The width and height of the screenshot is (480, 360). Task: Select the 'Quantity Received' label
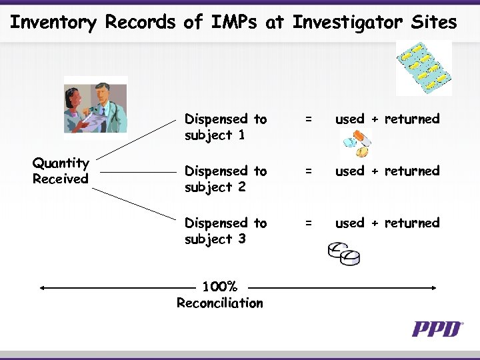point(61,171)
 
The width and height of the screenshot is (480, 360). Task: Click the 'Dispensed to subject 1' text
point(225,127)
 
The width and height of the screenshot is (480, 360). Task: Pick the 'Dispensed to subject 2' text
point(225,179)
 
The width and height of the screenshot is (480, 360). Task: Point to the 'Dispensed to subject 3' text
point(225,231)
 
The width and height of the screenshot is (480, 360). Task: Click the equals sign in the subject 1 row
point(308,119)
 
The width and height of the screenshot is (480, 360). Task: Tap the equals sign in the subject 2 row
point(308,171)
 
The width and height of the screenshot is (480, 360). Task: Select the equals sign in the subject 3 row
point(308,223)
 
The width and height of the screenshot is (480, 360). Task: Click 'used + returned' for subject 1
point(387,119)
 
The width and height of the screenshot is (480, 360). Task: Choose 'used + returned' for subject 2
point(387,171)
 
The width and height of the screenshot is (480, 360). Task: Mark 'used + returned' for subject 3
point(387,223)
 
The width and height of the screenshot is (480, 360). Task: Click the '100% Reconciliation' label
point(220,295)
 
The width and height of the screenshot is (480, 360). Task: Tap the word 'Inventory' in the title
point(54,23)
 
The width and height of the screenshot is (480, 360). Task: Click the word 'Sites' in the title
point(433,23)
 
